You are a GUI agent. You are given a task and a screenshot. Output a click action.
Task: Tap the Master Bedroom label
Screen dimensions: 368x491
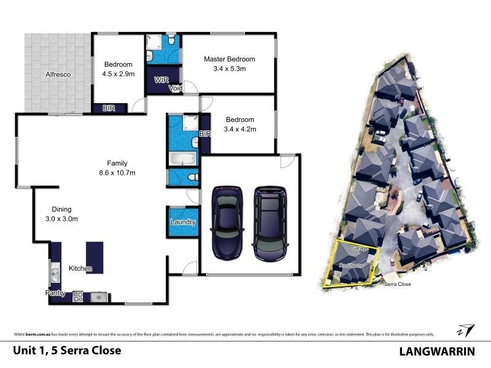coord(229,59)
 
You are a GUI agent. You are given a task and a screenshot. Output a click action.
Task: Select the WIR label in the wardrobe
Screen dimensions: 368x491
coord(162,80)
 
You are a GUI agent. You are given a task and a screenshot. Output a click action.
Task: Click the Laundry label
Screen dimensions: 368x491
coord(184,222)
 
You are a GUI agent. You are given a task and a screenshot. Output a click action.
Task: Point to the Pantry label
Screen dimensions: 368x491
coord(56,294)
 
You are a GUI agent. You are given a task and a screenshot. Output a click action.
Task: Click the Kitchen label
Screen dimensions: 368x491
coord(80,269)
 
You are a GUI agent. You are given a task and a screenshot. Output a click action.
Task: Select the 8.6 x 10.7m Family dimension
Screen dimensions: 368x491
coord(117,173)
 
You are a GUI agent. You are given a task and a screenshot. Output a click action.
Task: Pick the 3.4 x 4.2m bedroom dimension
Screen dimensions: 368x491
coord(241,129)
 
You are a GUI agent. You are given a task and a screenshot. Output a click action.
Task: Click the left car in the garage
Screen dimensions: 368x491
coord(226,221)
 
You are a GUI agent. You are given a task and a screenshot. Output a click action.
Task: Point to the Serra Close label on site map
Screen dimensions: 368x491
coord(397,285)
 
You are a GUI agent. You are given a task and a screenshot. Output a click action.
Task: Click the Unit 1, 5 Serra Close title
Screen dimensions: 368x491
coord(67,351)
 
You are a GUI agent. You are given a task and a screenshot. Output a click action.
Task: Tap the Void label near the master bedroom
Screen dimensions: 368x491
coord(176,87)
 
